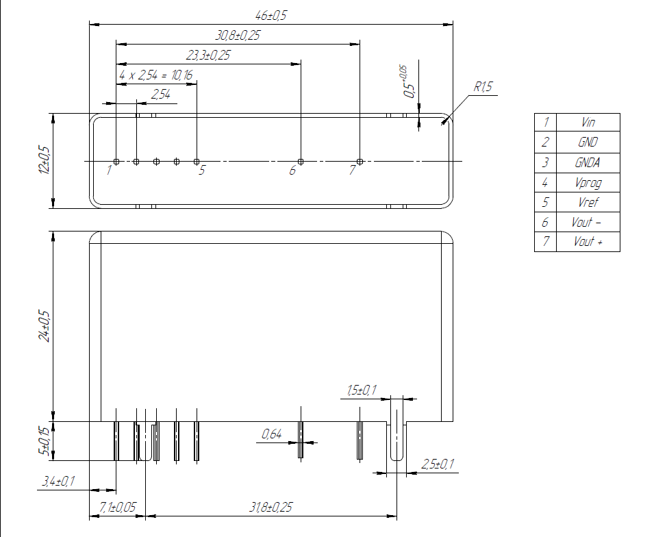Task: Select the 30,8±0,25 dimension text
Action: (238, 36)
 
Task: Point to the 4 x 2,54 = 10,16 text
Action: (155, 75)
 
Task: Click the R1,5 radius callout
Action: (483, 87)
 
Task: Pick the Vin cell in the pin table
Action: (588, 123)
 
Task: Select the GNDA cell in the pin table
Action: (588, 162)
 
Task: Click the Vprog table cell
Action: (588, 183)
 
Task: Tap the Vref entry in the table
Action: (588, 203)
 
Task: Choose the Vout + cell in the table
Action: (588, 242)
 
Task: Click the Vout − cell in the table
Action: (588, 223)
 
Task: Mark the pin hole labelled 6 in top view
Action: (300, 162)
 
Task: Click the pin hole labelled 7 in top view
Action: (360, 162)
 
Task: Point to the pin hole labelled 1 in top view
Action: (116, 162)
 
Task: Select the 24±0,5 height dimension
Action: (45, 326)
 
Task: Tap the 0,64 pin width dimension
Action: (272, 434)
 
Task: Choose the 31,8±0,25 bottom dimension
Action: (271, 508)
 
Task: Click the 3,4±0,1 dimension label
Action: (58, 482)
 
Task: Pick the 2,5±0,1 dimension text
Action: (438, 465)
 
